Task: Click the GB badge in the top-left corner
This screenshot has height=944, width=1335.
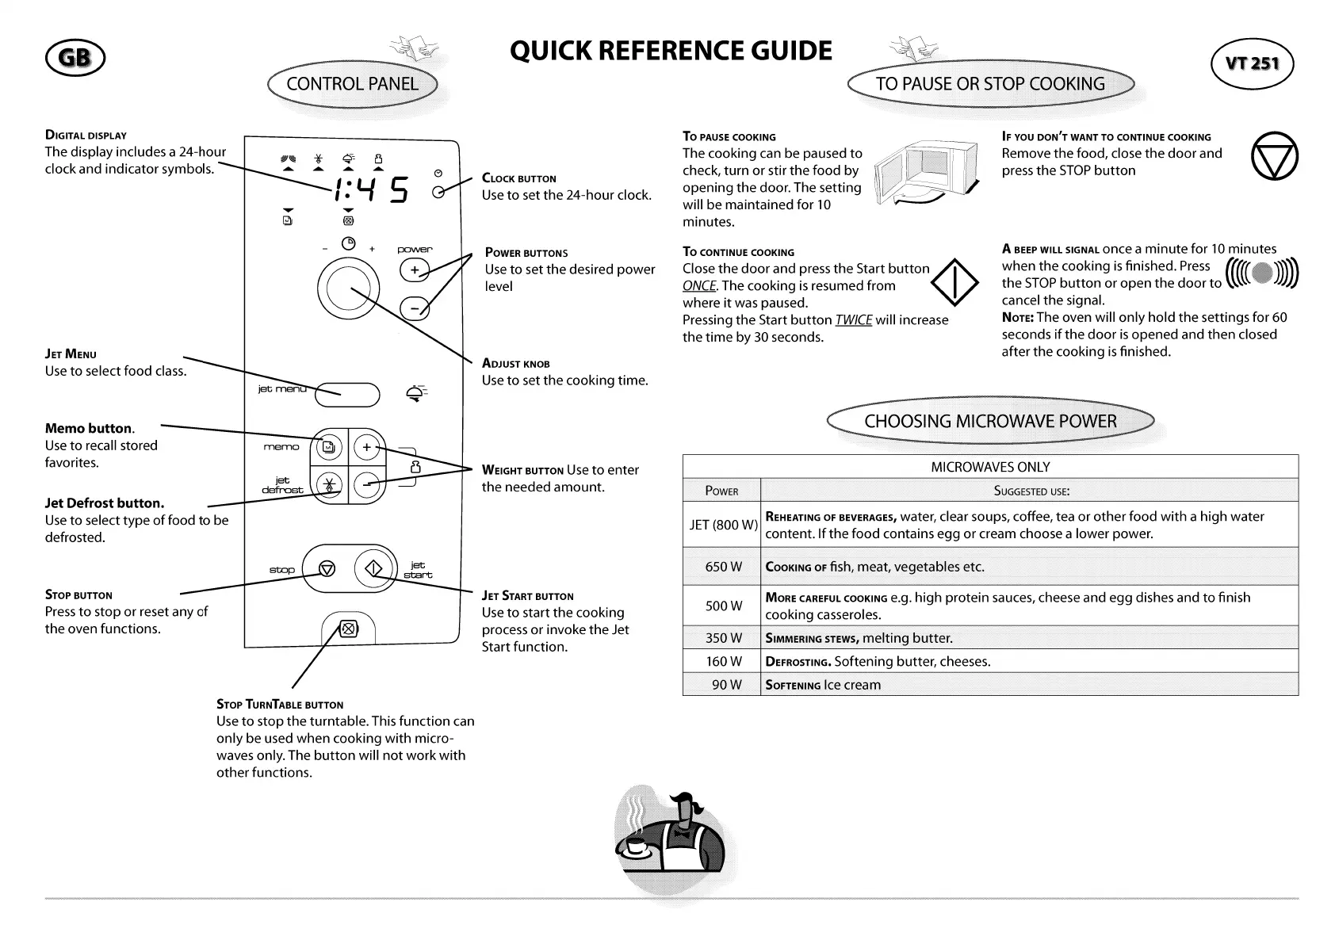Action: point(75,59)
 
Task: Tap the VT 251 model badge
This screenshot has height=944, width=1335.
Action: point(1253,63)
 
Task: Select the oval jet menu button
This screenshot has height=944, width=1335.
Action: point(349,393)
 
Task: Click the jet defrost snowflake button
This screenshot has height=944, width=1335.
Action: point(327,484)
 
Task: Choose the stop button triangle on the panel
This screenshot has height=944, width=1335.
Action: point(327,569)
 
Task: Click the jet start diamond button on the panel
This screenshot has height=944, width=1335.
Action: point(373,568)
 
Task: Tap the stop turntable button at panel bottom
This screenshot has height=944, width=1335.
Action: point(347,630)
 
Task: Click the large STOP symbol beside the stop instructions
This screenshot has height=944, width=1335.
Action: point(1274,155)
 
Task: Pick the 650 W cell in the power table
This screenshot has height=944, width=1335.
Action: point(722,567)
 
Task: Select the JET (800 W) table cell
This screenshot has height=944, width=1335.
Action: point(722,525)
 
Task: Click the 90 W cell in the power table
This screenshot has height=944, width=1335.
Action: point(722,685)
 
